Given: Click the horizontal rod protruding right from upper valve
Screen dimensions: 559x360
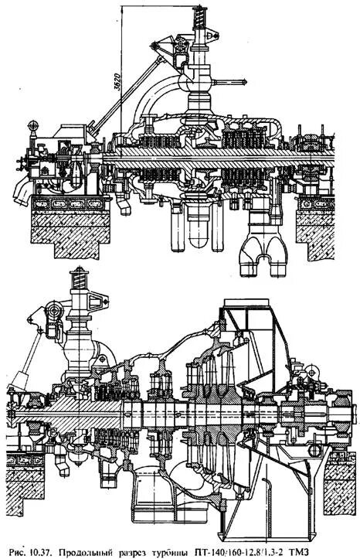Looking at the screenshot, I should coord(226,80).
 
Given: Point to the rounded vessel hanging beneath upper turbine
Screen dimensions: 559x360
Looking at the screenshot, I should coord(197,232).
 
